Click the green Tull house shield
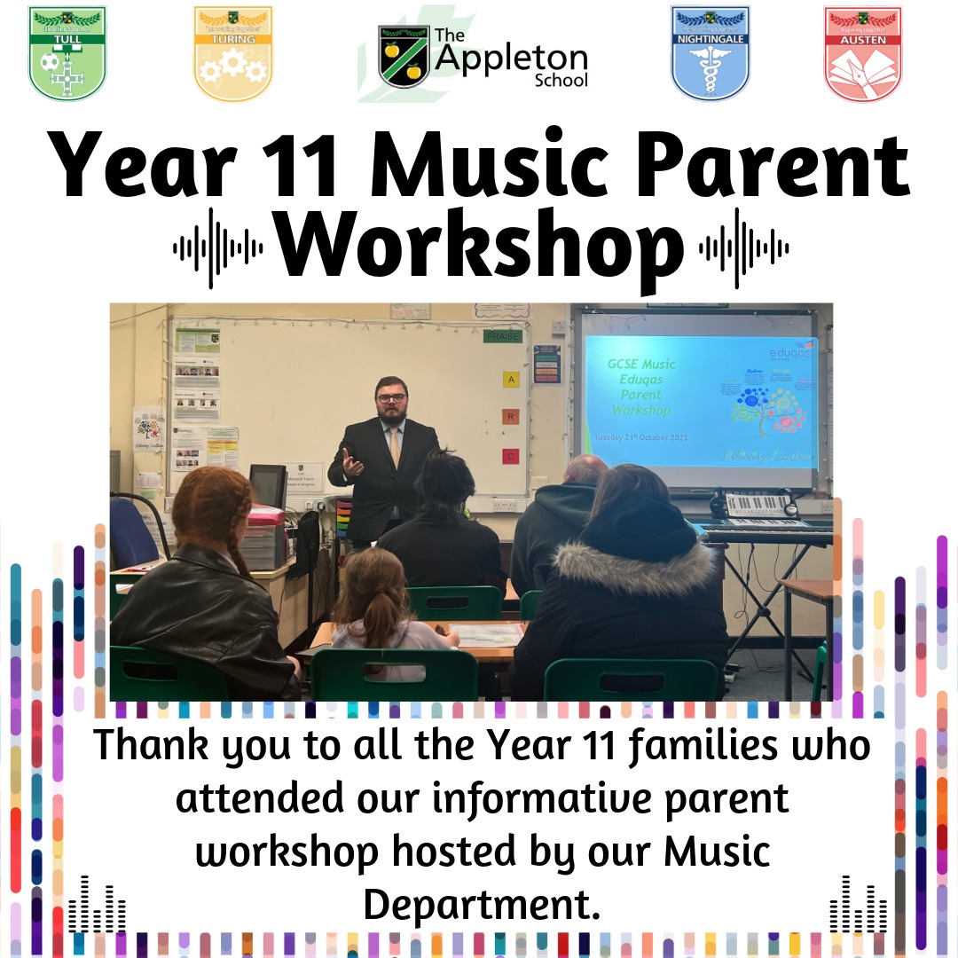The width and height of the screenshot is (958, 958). (67, 53)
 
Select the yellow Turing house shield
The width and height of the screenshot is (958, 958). (233, 53)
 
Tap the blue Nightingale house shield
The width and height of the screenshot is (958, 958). (711, 53)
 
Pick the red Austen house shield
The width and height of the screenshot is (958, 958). (862, 53)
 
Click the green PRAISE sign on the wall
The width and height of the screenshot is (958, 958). (502, 336)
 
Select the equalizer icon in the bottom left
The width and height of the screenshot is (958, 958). (97, 905)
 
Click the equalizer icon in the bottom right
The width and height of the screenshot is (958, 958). (858, 905)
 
